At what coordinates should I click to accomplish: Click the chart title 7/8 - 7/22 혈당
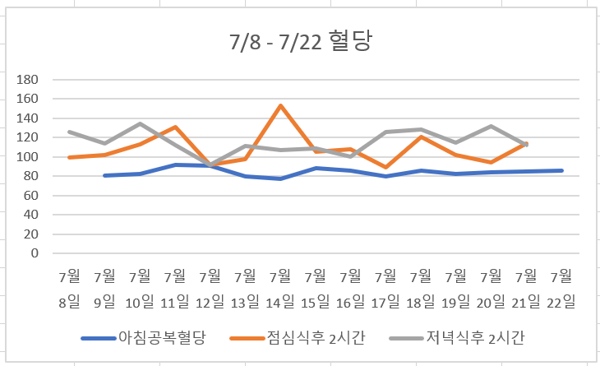click(x=301, y=42)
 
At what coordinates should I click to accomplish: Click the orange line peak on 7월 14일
click(x=280, y=105)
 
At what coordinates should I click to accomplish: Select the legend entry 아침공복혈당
click(x=144, y=337)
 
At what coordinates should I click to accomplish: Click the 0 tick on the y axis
click(x=35, y=253)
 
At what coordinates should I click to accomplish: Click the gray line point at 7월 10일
click(x=140, y=123)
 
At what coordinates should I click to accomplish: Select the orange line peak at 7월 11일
click(x=175, y=127)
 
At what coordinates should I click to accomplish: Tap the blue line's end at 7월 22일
click(x=562, y=170)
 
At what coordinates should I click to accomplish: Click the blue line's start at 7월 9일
click(x=104, y=175)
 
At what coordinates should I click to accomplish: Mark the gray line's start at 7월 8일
click(x=70, y=132)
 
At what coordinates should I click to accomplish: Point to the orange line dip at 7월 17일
click(x=386, y=167)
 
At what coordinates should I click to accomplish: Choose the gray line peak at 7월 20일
click(x=492, y=126)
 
